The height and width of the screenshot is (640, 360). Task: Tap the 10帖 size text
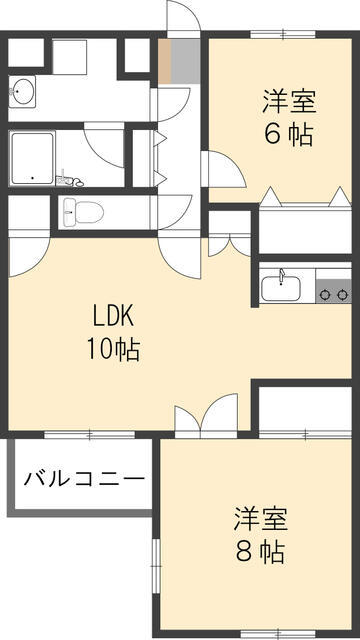[x=114, y=349]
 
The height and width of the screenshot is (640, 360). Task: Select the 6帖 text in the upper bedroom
[x=289, y=134]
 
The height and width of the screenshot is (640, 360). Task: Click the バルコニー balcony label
[x=84, y=478]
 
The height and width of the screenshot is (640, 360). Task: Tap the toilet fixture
[x=84, y=211]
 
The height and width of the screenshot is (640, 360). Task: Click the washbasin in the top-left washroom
[x=24, y=93]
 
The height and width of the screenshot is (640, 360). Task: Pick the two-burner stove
[x=333, y=294]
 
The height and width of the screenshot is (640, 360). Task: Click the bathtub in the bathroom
[x=33, y=157]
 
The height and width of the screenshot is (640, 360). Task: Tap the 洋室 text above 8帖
[x=261, y=519]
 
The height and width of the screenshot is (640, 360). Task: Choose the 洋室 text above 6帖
[x=289, y=101]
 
